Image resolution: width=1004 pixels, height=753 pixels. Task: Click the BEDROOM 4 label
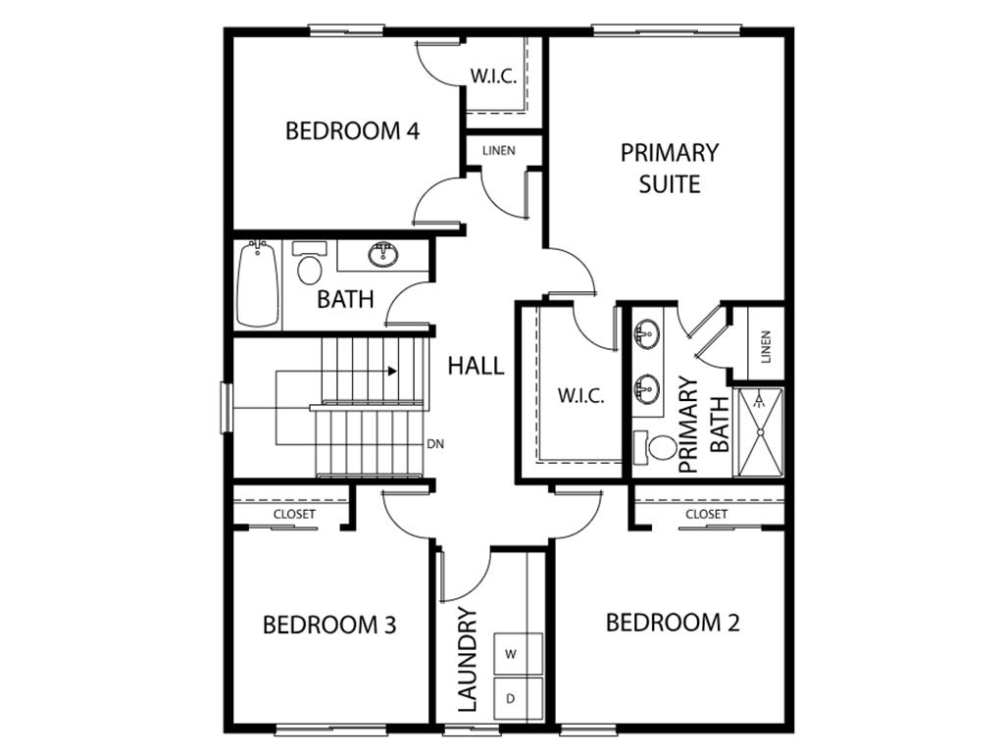pyautogui.click(x=352, y=131)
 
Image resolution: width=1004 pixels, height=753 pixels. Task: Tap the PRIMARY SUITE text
pyautogui.click(x=670, y=169)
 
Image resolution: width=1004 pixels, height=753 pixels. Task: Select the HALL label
pyautogui.click(x=476, y=366)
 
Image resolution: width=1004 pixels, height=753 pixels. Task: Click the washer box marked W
pyautogui.click(x=510, y=654)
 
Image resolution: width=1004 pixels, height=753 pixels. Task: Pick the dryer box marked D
pyautogui.click(x=510, y=698)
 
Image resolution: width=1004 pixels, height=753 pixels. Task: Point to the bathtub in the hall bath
pyautogui.click(x=258, y=283)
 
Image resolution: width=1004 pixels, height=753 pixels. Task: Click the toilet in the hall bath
pyautogui.click(x=309, y=263)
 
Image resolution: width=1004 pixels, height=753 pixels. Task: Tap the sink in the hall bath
pyautogui.click(x=384, y=254)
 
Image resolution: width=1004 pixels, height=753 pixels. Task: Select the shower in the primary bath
pyautogui.click(x=759, y=432)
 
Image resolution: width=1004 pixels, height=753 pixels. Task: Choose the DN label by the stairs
pyautogui.click(x=435, y=444)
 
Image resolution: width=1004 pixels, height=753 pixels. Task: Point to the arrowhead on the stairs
pyautogui.click(x=392, y=372)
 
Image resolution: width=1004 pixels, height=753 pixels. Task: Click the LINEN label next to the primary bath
pyautogui.click(x=766, y=347)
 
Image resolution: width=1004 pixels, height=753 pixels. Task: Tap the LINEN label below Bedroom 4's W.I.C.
pyautogui.click(x=499, y=150)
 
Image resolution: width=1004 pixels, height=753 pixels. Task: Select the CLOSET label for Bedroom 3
pyautogui.click(x=294, y=514)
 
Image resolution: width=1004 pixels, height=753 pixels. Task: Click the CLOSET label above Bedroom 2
pyautogui.click(x=706, y=514)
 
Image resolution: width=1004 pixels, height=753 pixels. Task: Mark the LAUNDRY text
pyautogui.click(x=468, y=660)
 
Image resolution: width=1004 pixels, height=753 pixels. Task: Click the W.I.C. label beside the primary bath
pyautogui.click(x=580, y=396)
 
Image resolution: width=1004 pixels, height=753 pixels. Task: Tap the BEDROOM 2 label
pyautogui.click(x=673, y=623)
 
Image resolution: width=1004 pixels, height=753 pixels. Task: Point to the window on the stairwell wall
pyautogui.click(x=226, y=407)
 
